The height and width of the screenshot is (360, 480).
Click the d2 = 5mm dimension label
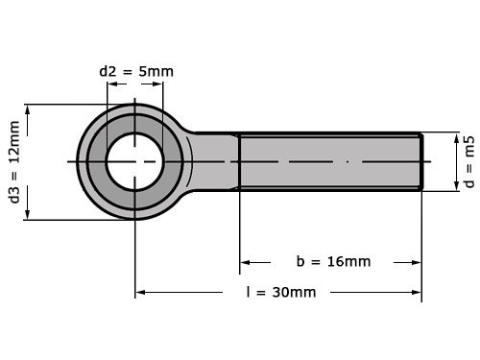135,71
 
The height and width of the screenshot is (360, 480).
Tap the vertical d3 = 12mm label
13,162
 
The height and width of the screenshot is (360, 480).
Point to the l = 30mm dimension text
279,292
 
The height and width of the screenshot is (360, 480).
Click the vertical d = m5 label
468,160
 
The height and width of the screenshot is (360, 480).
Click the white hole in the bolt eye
134,161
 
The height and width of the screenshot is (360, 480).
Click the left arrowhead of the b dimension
245,261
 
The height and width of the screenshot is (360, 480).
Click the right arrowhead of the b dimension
416,261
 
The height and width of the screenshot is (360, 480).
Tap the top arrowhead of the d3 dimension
30,109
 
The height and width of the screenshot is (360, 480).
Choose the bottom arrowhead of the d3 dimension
30,214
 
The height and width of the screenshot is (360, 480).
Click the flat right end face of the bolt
420,161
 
